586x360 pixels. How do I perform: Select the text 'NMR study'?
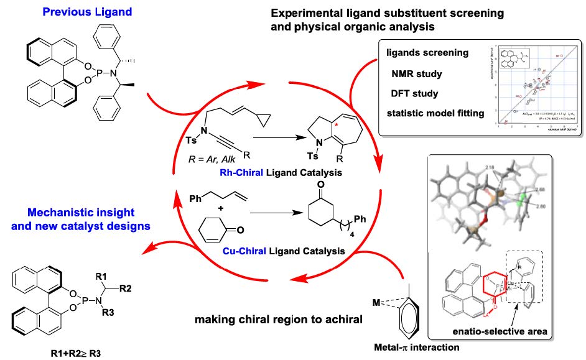click(x=416, y=73)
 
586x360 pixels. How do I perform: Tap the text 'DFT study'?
click(x=416, y=93)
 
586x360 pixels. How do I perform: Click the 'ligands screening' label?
click(x=427, y=53)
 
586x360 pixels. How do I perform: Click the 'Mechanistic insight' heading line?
click(x=59, y=213)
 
